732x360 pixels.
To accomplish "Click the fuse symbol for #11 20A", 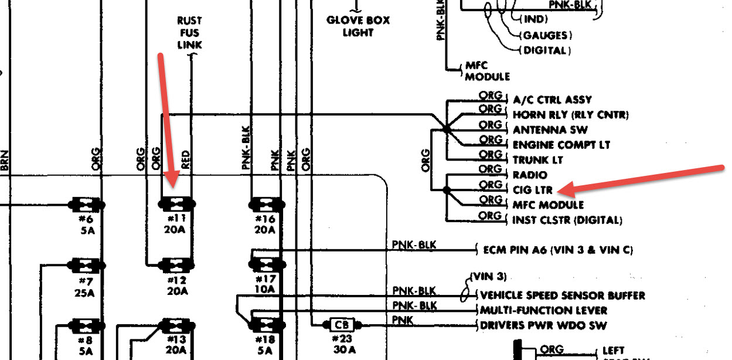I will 176,205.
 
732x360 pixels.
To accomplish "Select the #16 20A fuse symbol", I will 266,205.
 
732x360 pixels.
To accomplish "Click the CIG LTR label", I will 529,189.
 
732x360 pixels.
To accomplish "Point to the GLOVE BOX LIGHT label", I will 358,26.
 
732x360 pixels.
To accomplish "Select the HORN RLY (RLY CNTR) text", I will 570,115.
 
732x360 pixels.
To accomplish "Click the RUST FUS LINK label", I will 189,33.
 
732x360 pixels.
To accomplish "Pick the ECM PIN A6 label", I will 557,250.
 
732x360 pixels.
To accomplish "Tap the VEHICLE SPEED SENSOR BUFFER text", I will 562,296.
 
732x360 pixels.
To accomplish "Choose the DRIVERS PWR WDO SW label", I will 543,325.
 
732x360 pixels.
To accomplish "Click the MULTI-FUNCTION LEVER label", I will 543,310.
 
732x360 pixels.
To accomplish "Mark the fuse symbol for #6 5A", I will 87,205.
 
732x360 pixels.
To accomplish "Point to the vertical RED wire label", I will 186,159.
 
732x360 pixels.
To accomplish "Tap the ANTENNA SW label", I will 550,130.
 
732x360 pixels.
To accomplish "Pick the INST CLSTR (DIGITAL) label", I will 567,220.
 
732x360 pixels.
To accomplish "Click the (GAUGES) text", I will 545,36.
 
